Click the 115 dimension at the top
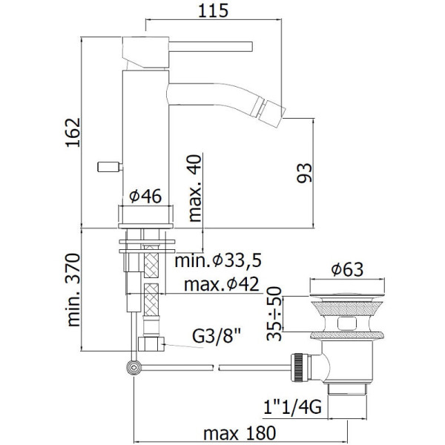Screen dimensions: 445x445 tap(213, 11)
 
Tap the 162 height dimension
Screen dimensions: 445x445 tap(73, 133)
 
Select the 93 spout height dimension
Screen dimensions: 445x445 tap(304, 173)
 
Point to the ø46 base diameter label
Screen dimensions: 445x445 tap(145, 196)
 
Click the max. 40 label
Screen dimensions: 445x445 tap(195, 188)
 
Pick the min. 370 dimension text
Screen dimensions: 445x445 tap(73, 290)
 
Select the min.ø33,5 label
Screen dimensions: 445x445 tap(217, 260)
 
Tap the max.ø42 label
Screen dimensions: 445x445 tap(221, 284)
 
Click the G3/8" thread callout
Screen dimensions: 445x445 tap(217, 336)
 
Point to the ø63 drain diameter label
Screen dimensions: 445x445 tap(347, 269)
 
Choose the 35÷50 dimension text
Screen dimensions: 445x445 tap(274, 314)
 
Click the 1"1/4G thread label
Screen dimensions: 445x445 tap(293, 407)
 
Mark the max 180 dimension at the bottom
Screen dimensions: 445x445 tap(240, 433)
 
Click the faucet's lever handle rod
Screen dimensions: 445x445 tap(211, 47)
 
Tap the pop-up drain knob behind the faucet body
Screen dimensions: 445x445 tap(110, 167)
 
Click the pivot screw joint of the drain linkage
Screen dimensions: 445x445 tap(133, 368)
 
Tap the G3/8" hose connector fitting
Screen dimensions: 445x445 tap(151, 344)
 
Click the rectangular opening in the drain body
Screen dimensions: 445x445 tap(347, 323)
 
